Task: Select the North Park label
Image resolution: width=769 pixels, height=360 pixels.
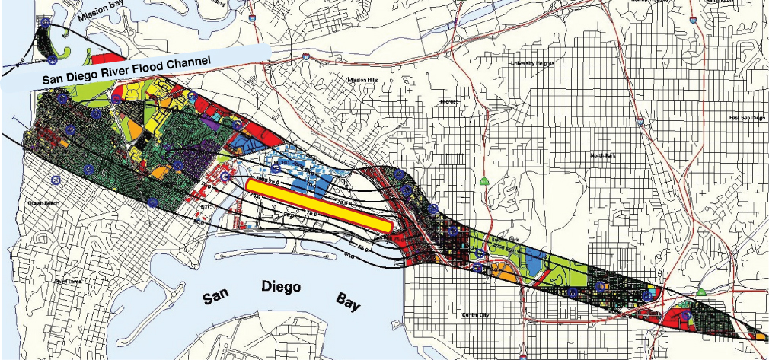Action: tap(605, 155)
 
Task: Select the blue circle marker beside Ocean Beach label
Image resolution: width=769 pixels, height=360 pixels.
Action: tap(55, 181)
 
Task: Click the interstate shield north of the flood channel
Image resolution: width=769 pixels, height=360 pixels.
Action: tap(305, 56)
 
